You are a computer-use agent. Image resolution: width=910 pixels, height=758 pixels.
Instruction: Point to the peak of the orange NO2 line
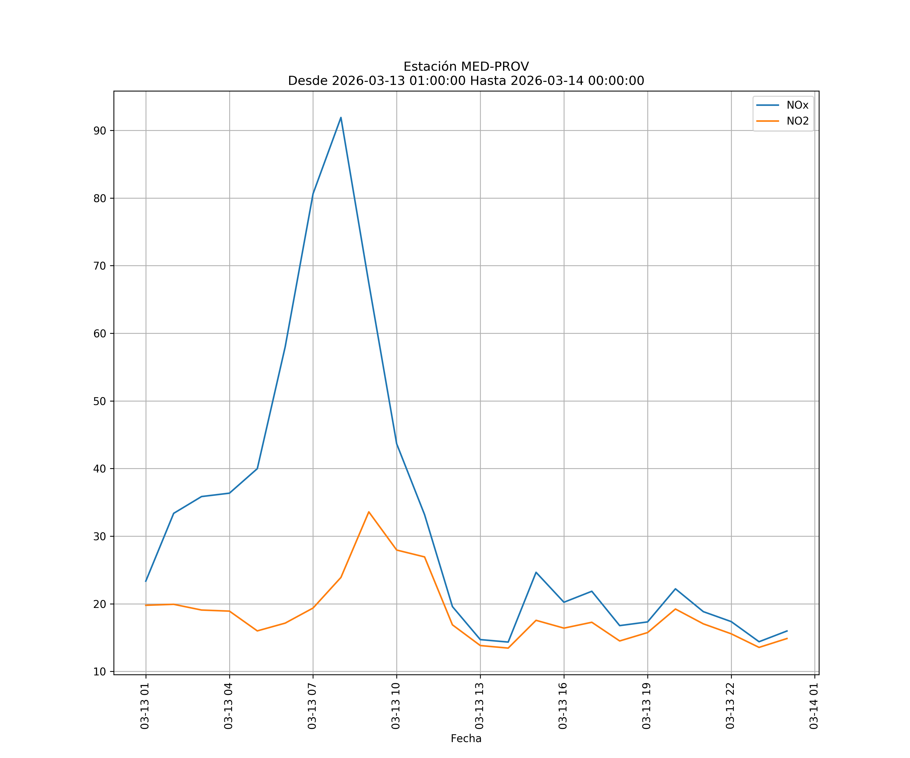point(369,512)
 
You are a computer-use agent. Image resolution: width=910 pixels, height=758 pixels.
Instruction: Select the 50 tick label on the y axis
point(100,401)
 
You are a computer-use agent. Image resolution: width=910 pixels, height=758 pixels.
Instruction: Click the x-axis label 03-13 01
point(145,706)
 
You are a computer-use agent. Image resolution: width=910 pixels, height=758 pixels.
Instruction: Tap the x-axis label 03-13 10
point(396,706)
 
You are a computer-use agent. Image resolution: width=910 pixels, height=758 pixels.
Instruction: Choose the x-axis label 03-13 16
point(563,706)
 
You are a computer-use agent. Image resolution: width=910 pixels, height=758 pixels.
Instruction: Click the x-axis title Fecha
point(466,739)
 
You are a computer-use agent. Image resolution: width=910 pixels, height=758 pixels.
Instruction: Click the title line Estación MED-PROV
point(466,67)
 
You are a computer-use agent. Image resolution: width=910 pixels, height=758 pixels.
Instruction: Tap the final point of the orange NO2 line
point(787,638)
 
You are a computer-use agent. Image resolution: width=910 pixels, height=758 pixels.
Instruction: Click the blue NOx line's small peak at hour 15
point(536,572)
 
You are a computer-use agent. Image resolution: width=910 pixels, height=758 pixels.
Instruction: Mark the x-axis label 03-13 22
point(730,706)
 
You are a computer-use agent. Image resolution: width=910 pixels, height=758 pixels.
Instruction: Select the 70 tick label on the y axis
point(100,266)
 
